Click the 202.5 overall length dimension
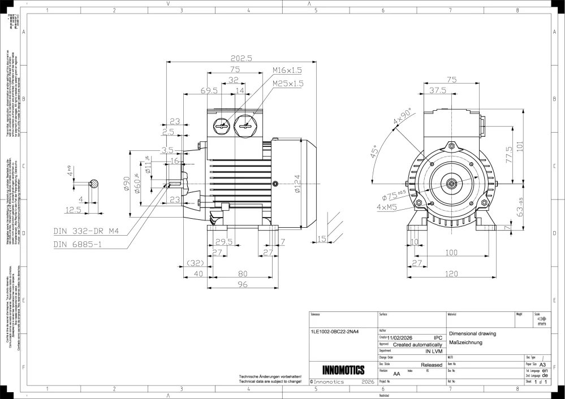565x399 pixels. click(241, 58)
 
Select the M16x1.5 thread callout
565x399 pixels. click(287, 70)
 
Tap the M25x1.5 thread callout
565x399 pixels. click(288, 83)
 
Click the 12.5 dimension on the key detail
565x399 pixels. click(74, 210)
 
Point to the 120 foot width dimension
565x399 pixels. click(451, 274)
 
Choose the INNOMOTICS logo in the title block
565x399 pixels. click(343, 370)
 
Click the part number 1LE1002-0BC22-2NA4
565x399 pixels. click(335, 332)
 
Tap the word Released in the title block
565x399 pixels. click(432, 365)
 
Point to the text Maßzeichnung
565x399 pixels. click(465, 342)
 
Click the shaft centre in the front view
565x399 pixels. click(451, 184)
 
